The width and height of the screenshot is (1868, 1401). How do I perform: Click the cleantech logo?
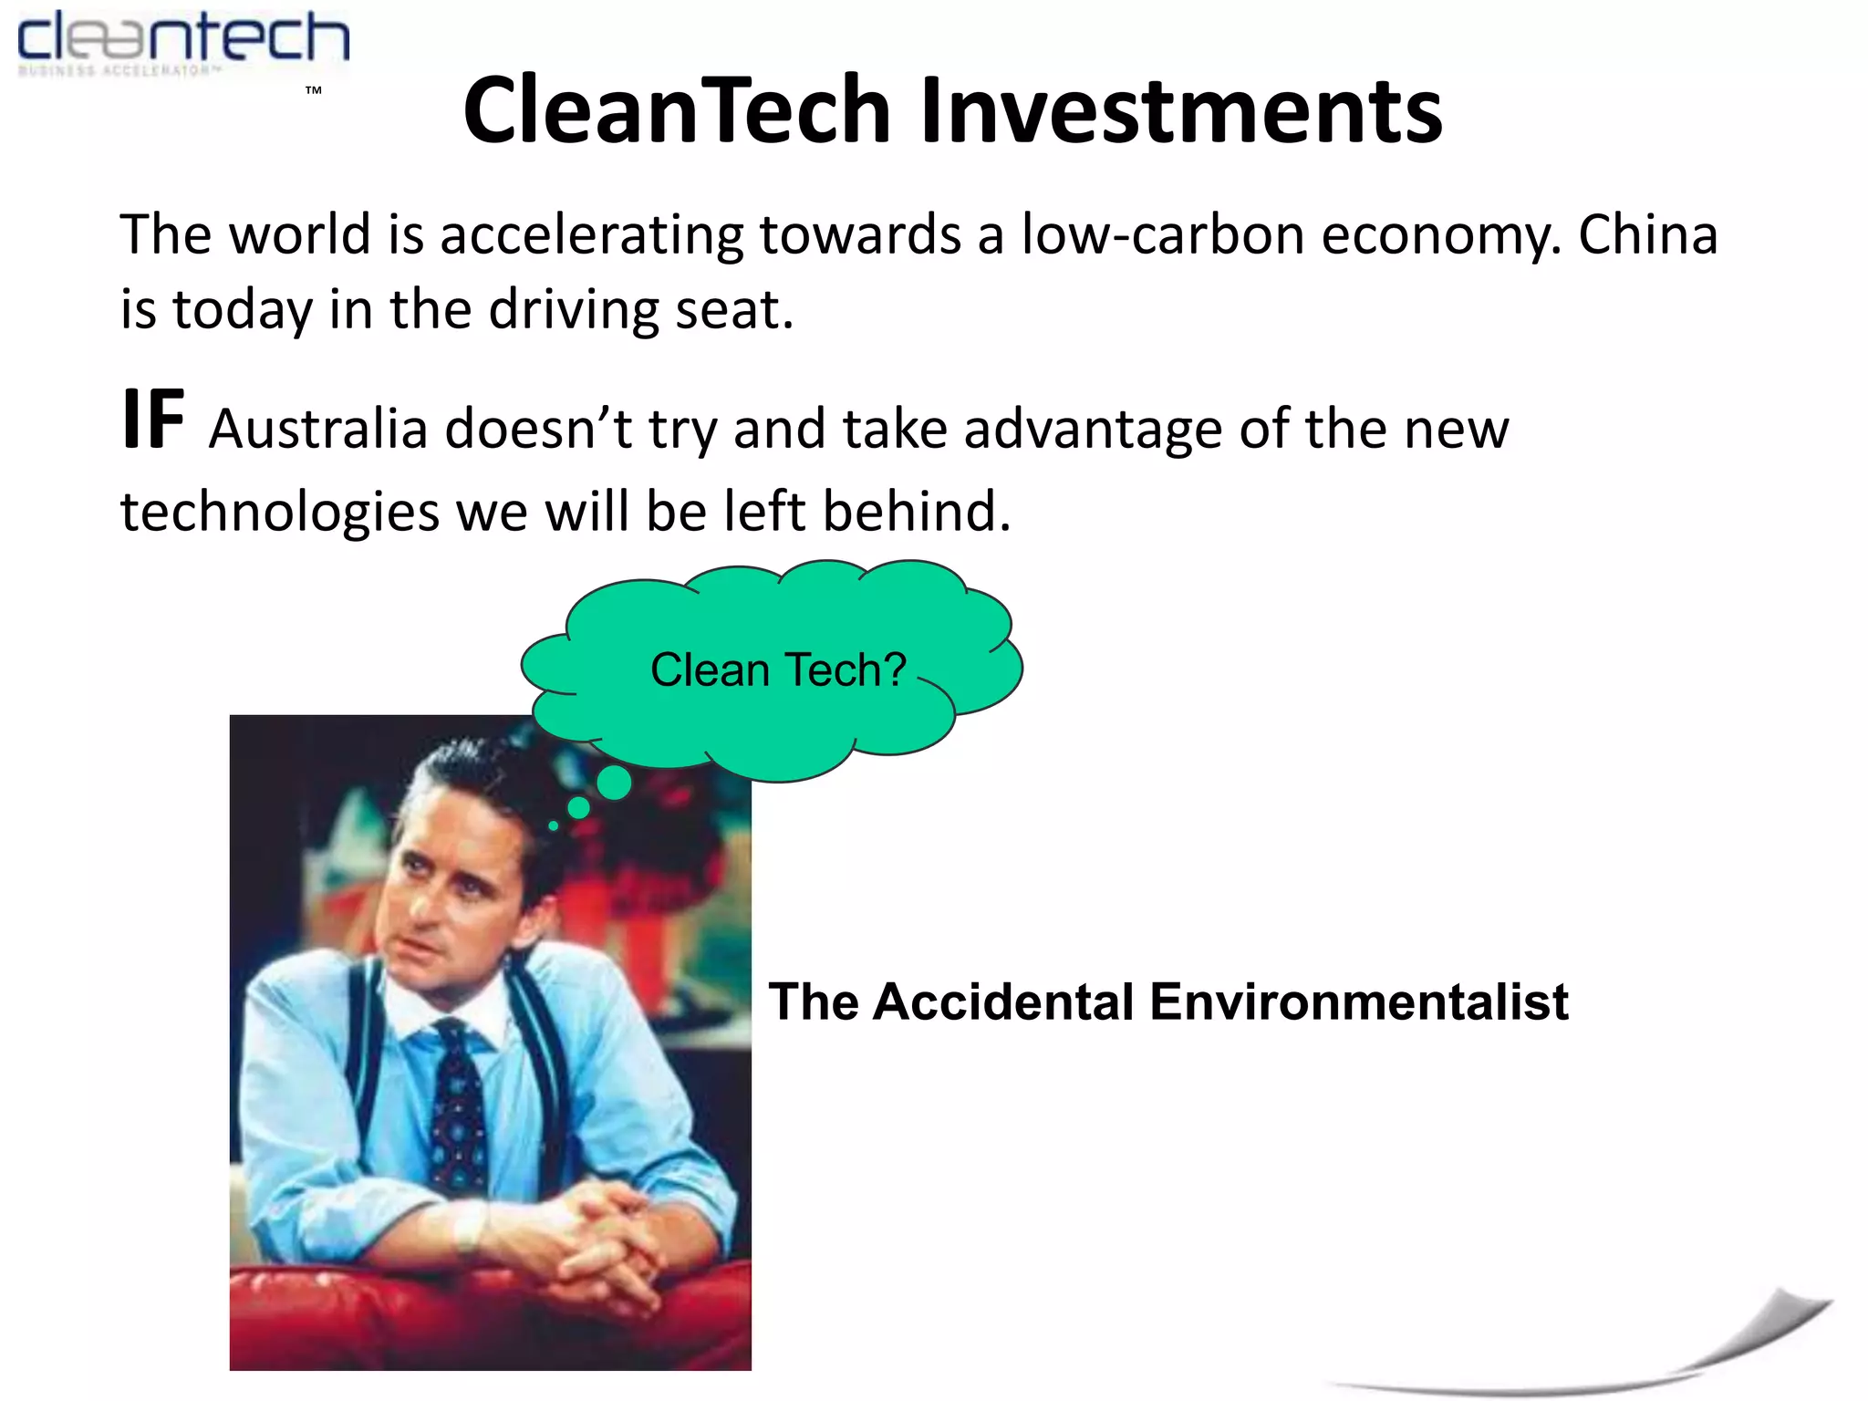182,41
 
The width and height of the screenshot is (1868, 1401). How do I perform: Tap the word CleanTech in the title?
676,111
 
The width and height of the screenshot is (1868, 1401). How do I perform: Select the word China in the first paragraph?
1647,235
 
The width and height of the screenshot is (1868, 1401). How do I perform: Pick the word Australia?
318,429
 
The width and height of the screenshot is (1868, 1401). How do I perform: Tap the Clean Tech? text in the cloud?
778,670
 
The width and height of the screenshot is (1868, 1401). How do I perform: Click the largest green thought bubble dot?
614,783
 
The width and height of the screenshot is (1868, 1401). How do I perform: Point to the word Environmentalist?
1358,1001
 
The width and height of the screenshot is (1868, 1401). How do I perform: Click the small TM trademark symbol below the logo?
314,90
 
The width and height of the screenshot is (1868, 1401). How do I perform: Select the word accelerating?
592,235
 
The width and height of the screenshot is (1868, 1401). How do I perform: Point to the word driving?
574,310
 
